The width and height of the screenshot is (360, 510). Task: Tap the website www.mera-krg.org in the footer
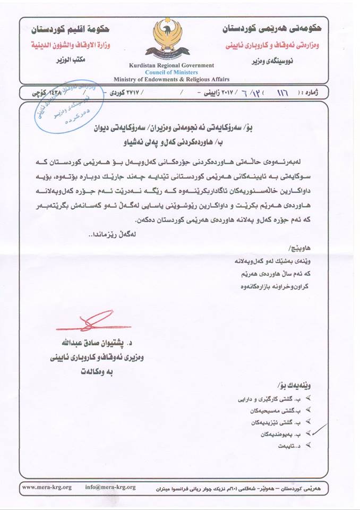pos(47,487)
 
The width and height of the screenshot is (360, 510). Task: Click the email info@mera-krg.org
pos(110,487)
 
